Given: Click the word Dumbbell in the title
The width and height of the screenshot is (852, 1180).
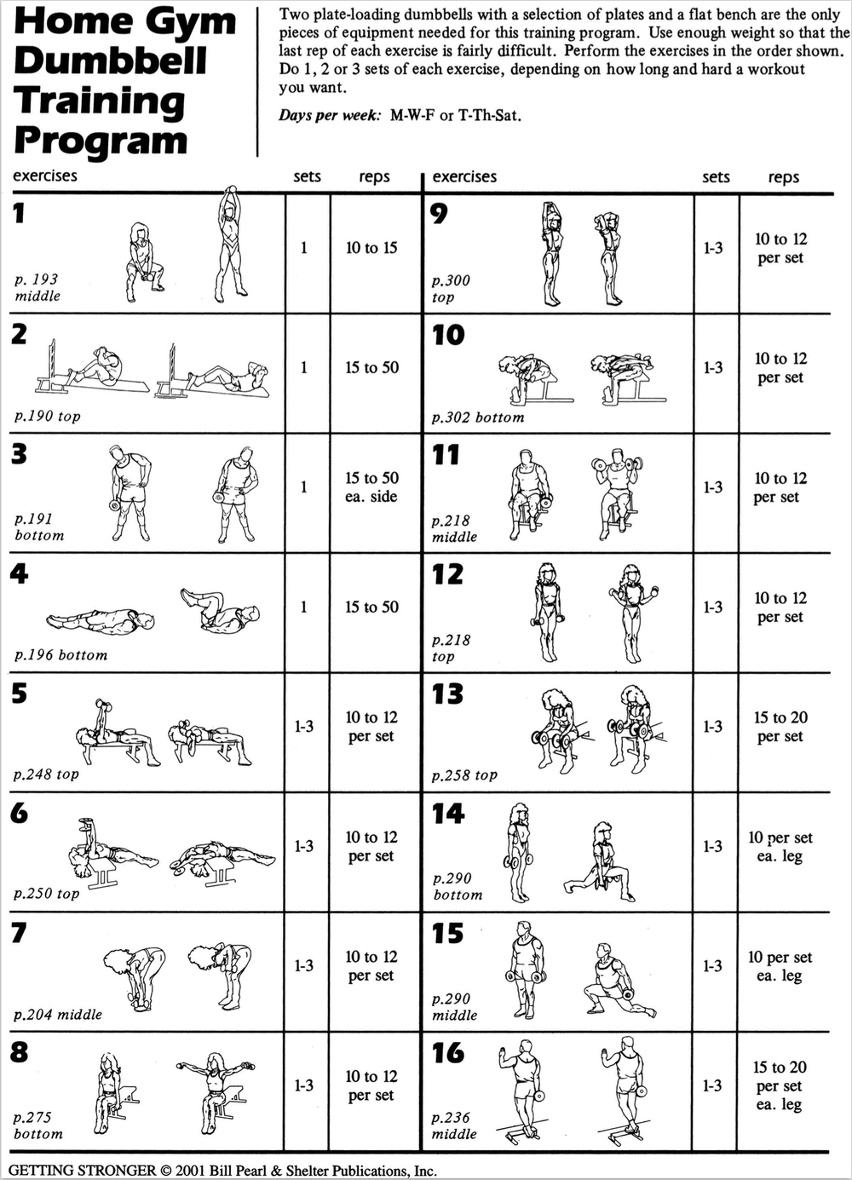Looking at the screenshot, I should (x=111, y=60).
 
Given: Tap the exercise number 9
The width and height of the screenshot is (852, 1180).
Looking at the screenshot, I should (x=439, y=213).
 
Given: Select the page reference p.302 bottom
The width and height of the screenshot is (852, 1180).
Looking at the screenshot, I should (x=477, y=417).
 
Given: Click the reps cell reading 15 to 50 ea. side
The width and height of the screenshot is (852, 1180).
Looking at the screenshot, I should (x=371, y=487).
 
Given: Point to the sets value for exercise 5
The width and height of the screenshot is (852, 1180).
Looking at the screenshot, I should (x=304, y=727).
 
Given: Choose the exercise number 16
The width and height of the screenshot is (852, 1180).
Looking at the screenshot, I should (x=447, y=1053).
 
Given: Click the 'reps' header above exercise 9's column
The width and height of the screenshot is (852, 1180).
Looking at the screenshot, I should (x=783, y=177).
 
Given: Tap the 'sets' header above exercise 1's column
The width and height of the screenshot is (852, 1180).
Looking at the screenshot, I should (x=307, y=176).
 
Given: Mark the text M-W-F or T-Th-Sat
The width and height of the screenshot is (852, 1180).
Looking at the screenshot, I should (x=455, y=116).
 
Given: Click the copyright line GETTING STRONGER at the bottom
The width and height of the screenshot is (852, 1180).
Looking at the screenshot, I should (x=222, y=1171).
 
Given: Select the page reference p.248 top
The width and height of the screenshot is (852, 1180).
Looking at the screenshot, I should (x=46, y=774).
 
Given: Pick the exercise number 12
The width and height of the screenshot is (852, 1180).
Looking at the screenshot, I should (x=447, y=574).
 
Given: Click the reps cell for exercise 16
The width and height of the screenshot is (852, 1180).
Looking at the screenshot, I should (x=780, y=1085).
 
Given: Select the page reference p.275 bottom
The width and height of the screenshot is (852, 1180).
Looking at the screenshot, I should (x=37, y=1125).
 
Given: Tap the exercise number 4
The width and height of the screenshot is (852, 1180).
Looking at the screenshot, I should (x=19, y=573).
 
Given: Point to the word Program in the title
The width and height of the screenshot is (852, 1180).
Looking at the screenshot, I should (x=101, y=140).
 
